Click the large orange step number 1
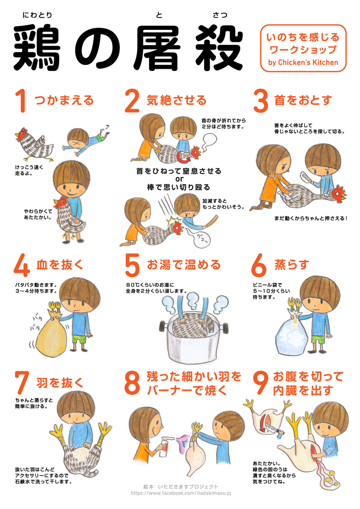click(x=21, y=101)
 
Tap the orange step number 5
click(x=132, y=265)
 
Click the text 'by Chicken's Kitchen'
click(x=303, y=62)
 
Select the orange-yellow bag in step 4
click(x=52, y=334)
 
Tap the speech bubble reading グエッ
click(x=202, y=238)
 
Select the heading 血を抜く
click(x=60, y=265)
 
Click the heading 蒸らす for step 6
click(x=292, y=265)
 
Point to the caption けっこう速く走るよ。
click(x=29, y=170)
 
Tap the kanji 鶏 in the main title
click(x=37, y=48)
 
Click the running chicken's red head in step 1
click(x=21, y=134)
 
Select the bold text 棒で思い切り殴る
click(x=179, y=187)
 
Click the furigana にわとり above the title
click(x=37, y=15)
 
